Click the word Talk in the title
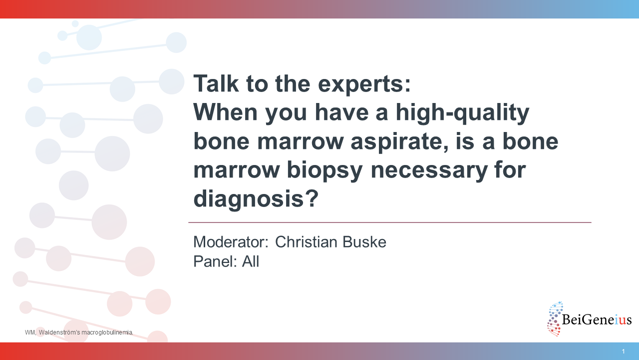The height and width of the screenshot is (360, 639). point(216,83)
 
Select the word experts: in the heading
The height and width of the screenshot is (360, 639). point(364,85)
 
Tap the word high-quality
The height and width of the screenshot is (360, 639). point(462,113)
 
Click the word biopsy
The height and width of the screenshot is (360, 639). point(324,171)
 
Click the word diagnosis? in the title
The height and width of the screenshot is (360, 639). point(256,199)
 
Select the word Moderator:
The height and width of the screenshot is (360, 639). point(231,242)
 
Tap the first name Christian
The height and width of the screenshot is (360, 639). point(307,242)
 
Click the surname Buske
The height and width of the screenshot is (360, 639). point(364,242)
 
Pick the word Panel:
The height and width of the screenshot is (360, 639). point(215,261)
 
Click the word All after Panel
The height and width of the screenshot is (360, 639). point(251,261)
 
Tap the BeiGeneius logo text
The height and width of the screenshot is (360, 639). point(597,319)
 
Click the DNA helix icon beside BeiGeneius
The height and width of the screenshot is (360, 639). point(555,319)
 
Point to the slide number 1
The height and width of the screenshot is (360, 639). point(624,351)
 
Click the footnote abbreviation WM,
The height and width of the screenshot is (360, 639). point(30,332)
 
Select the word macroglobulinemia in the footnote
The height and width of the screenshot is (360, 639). point(107,332)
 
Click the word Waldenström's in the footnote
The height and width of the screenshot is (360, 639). point(59,332)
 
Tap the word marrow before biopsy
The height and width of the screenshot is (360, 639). point(237,170)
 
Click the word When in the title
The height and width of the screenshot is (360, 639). point(226,112)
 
